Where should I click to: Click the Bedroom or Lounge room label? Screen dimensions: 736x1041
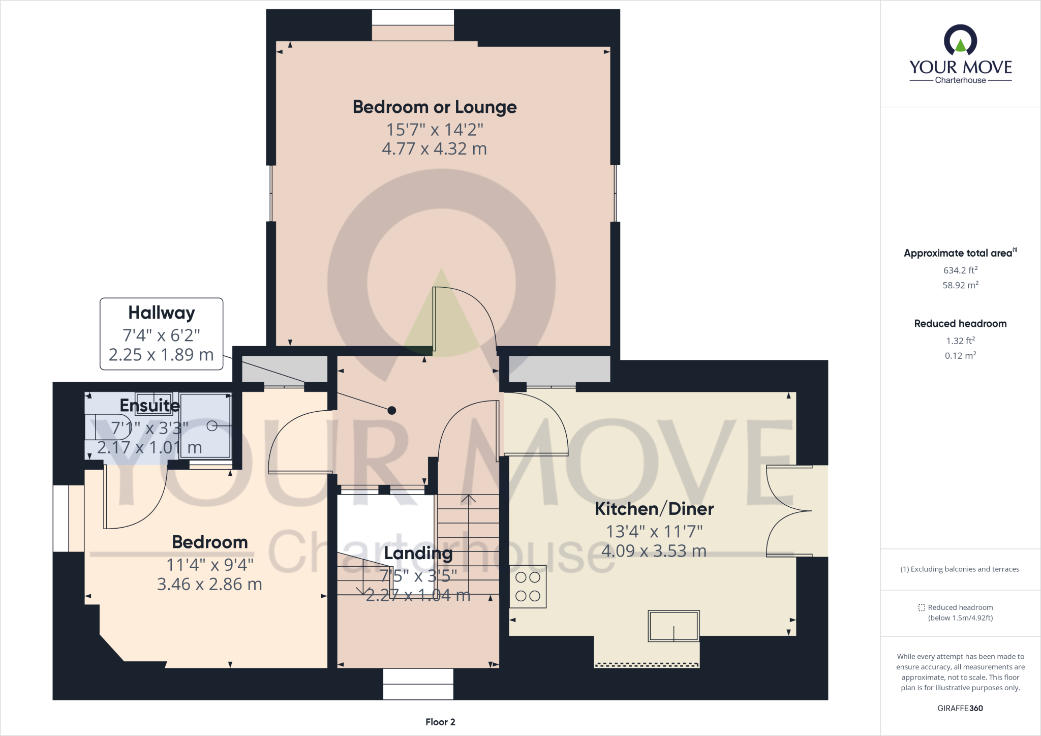coord(435,107)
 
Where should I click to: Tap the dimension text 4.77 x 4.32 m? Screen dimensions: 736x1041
coord(435,149)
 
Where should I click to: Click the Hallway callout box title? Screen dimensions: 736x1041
coord(161,313)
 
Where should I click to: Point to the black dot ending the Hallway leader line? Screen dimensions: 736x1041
coord(391,410)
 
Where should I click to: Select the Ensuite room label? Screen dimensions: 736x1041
coord(149,406)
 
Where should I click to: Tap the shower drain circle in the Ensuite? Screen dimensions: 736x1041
coord(212,426)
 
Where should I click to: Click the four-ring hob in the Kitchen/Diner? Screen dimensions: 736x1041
coord(528,587)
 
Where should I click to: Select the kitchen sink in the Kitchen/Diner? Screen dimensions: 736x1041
coord(673,626)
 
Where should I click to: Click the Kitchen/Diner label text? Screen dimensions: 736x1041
coord(654,509)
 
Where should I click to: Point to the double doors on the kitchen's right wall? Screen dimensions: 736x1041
coord(790,511)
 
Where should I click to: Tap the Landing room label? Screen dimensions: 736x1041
coord(418,554)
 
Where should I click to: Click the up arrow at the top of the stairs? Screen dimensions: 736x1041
coord(468,499)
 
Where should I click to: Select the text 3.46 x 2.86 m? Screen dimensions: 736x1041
coord(209,585)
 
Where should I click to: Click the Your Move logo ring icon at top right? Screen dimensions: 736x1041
coord(960,41)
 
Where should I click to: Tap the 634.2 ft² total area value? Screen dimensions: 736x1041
coord(960,270)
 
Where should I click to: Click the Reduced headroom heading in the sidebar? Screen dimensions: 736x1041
coord(960,324)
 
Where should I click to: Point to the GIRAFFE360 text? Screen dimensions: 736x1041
coord(960,708)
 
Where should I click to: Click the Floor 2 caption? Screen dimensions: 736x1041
coord(440,722)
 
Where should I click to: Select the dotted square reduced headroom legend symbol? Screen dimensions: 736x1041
coord(922,607)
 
